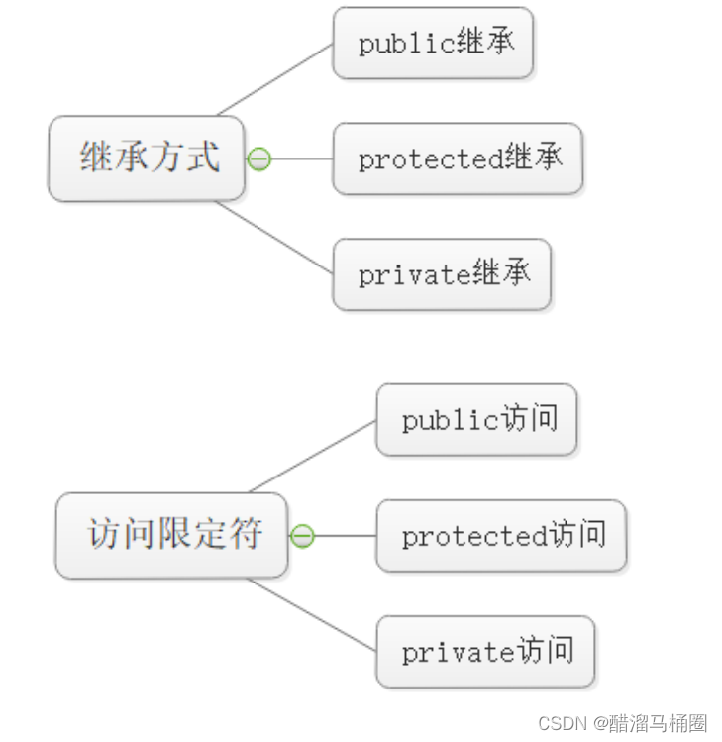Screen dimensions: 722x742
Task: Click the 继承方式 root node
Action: [147, 159]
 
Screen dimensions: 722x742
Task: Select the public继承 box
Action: [434, 43]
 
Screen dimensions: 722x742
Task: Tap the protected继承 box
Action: [458, 159]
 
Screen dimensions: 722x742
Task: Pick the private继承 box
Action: [442, 274]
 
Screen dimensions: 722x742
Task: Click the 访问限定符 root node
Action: [171, 535]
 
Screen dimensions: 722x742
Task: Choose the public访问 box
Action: [477, 419]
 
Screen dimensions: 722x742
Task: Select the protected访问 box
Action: [501, 535]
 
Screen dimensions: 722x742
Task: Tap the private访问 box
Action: [485, 652]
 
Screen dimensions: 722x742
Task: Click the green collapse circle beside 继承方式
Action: [259, 159]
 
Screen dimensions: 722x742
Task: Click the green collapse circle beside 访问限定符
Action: [302, 536]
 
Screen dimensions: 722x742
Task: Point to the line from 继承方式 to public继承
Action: [275, 79]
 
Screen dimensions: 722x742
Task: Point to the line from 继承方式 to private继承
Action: [274, 238]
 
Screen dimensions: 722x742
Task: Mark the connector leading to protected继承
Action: [302, 159]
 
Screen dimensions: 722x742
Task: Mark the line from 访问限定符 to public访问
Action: [313, 456]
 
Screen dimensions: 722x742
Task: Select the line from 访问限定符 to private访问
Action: [312, 614]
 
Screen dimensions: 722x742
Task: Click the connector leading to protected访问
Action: [346, 536]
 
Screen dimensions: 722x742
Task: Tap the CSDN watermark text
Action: [623, 723]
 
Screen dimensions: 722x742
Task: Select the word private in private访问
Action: [458, 653]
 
